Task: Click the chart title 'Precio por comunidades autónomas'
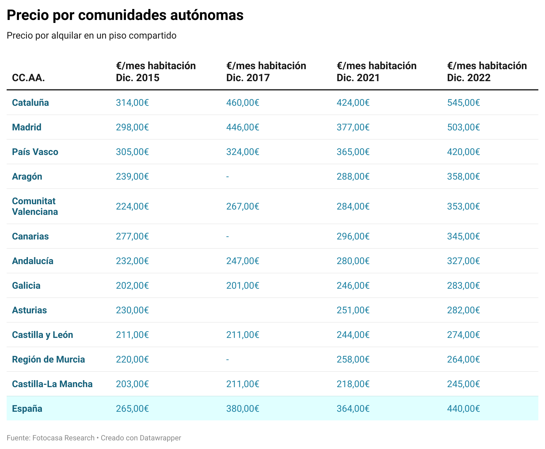pyautogui.click(x=125, y=15)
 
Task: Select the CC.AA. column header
pyautogui.click(x=28, y=78)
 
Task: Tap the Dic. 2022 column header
pyautogui.click(x=487, y=72)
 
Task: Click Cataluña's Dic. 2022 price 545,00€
pyautogui.click(x=463, y=102)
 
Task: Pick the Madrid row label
pyautogui.click(x=27, y=127)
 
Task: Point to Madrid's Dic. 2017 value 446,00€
pyautogui.click(x=243, y=127)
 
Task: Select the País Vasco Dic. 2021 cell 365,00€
pyautogui.click(x=353, y=152)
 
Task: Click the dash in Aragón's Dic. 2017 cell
pyautogui.click(x=228, y=176)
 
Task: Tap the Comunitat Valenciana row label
pyautogui.click(x=35, y=206)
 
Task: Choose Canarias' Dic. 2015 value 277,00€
pyautogui.click(x=132, y=236)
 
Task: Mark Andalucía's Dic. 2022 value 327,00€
pyautogui.click(x=463, y=261)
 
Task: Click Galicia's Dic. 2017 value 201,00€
pyautogui.click(x=243, y=285)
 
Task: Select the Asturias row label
pyautogui.click(x=29, y=310)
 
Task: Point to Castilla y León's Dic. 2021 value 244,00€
pyautogui.click(x=353, y=335)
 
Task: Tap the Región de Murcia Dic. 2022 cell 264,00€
pyautogui.click(x=463, y=359)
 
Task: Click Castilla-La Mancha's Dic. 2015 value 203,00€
pyautogui.click(x=132, y=384)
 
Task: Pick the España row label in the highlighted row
pyautogui.click(x=27, y=408)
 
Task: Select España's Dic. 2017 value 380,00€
pyautogui.click(x=243, y=408)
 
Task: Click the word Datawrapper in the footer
pyautogui.click(x=160, y=438)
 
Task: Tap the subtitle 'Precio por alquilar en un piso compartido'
pyautogui.click(x=91, y=35)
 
